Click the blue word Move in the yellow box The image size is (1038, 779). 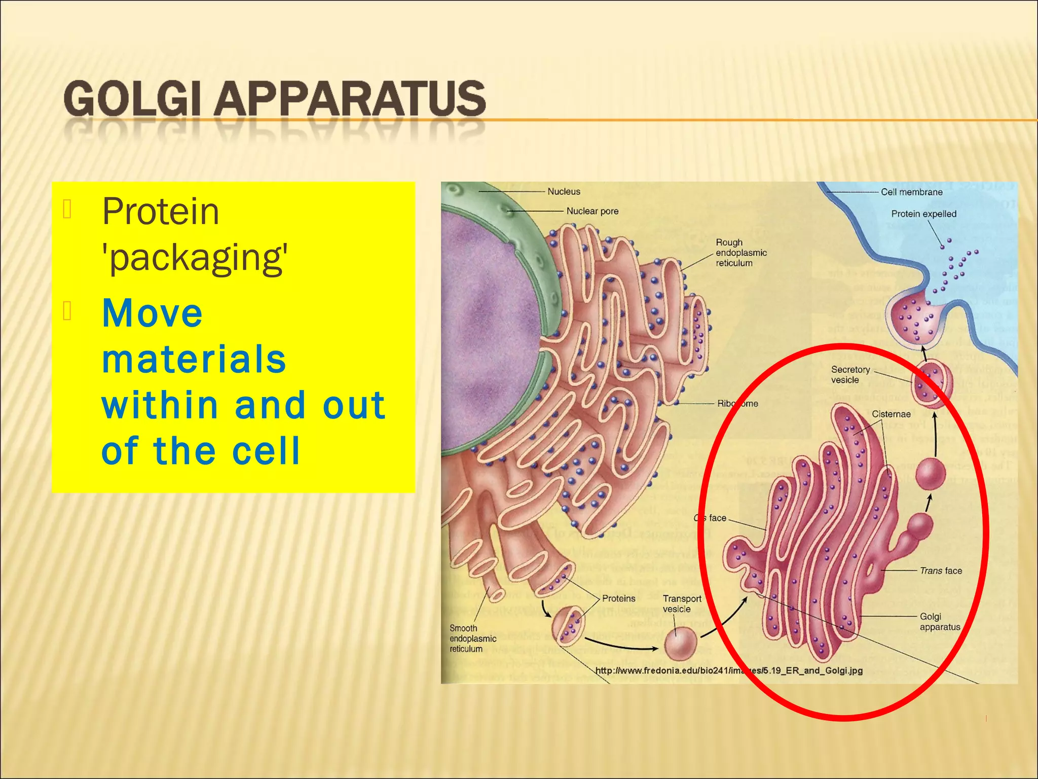pyautogui.click(x=153, y=313)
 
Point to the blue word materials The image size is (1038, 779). pyautogui.click(x=194, y=359)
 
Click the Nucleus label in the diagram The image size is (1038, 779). pyautogui.click(x=564, y=192)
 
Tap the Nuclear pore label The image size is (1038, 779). pyautogui.click(x=592, y=211)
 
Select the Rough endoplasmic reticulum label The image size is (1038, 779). pyautogui.click(x=741, y=253)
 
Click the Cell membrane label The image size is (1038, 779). pyautogui.click(x=911, y=192)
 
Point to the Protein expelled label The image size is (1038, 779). pyautogui.click(x=923, y=214)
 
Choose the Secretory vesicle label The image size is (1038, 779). pyautogui.click(x=850, y=375)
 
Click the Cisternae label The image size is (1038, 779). pyautogui.click(x=891, y=414)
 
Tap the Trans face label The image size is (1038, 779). pyautogui.click(x=941, y=571)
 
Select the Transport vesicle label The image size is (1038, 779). pyautogui.click(x=682, y=604)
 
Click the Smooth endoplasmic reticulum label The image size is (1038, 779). pyautogui.click(x=472, y=639)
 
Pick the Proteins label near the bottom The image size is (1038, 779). pyautogui.click(x=618, y=598)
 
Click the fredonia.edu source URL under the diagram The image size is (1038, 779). pyautogui.click(x=728, y=670)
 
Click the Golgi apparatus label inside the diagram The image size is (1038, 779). pyautogui.click(x=940, y=622)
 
